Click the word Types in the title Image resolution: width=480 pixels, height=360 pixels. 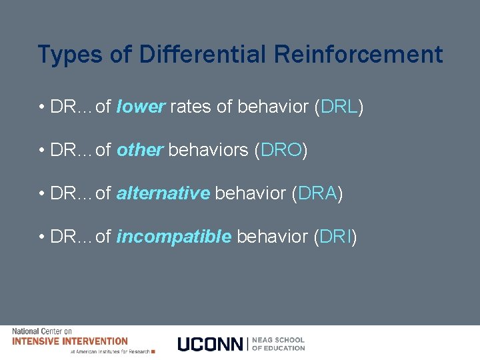click(x=65, y=55)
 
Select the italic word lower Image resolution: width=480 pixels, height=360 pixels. click(x=140, y=107)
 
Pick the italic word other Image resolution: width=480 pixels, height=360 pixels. click(x=139, y=151)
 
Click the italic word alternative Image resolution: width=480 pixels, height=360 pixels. click(x=163, y=194)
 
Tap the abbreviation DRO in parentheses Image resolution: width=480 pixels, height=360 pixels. click(x=281, y=151)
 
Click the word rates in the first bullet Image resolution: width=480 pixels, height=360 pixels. click(x=191, y=107)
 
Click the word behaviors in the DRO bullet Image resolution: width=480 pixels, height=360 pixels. click(x=209, y=151)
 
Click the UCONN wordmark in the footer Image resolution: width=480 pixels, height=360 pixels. click(x=211, y=344)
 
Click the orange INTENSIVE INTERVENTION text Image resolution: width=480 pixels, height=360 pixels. click(x=70, y=341)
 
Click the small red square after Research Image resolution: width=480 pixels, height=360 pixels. click(x=153, y=351)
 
